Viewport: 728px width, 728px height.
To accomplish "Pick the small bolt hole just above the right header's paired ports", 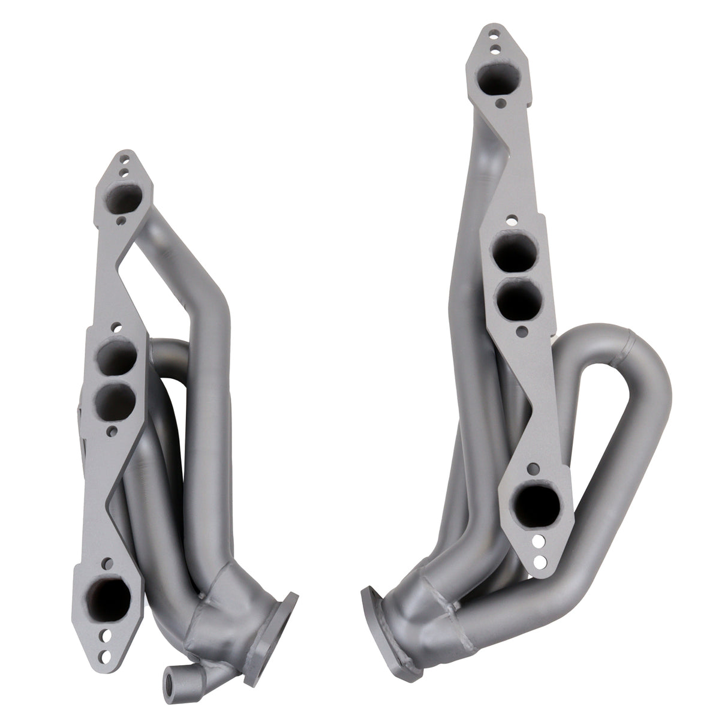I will pos(508,219).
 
